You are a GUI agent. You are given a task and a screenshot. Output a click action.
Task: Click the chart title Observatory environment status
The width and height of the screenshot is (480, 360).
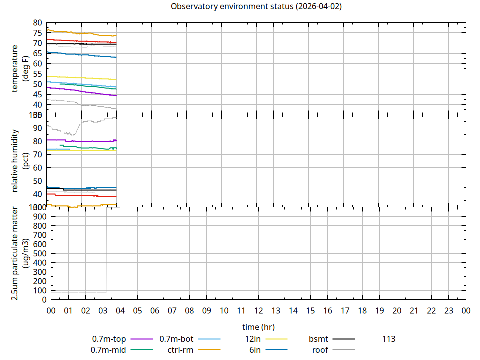(x=256, y=7)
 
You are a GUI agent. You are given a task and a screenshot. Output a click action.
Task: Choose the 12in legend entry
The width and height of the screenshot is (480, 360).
(x=253, y=339)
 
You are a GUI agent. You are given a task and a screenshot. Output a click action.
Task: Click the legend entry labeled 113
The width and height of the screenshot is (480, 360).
(x=389, y=339)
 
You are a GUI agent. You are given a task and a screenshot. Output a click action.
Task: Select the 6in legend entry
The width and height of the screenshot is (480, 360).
(x=255, y=350)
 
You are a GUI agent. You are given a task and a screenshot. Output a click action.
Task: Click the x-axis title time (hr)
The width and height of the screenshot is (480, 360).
(x=258, y=327)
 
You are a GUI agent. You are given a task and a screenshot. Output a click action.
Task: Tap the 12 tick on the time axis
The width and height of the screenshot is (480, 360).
(x=258, y=311)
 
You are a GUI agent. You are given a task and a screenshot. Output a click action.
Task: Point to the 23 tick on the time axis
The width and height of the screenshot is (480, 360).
(x=449, y=311)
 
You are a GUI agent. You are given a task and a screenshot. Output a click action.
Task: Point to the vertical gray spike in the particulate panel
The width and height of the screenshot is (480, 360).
(x=105, y=250)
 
